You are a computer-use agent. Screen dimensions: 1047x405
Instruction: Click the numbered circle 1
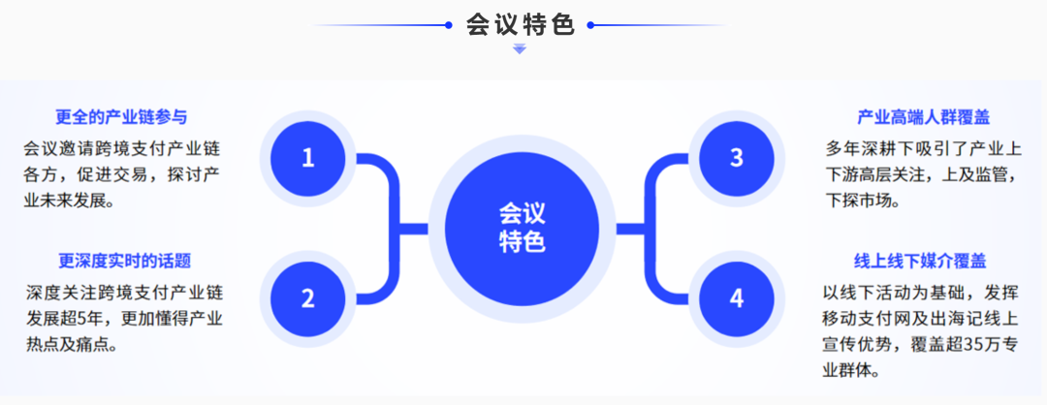coord(307,158)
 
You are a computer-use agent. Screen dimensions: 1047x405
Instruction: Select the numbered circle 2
coord(307,298)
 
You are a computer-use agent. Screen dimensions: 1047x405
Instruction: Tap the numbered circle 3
coord(737,158)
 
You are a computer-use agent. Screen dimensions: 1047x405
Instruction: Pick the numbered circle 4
coord(737,298)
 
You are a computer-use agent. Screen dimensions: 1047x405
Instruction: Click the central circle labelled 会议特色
coord(523,229)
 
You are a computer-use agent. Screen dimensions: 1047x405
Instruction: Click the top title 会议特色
coord(521,24)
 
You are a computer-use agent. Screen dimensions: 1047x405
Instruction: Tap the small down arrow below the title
coord(520,48)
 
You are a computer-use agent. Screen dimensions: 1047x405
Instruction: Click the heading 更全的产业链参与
coord(121,117)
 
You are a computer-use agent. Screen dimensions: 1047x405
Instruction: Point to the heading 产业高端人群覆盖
coord(924,117)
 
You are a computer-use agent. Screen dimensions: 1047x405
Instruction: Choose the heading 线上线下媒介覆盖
coord(920,261)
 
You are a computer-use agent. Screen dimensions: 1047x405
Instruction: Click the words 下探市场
coord(858,201)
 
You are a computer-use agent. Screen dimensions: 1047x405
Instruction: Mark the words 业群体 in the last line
coord(849,370)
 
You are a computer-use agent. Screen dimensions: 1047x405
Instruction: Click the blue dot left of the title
coord(448,25)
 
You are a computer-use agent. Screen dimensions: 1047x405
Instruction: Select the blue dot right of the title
coord(590,25)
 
